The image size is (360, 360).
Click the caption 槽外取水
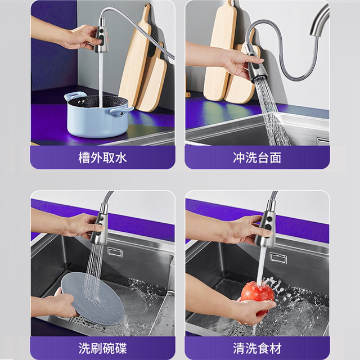102,157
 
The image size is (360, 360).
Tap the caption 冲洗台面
257,157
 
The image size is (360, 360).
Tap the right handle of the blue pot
121,111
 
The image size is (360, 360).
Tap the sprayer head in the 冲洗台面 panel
256,66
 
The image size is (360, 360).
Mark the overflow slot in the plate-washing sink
115,252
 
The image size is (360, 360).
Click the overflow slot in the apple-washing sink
278,258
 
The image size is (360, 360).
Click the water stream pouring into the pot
101,79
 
